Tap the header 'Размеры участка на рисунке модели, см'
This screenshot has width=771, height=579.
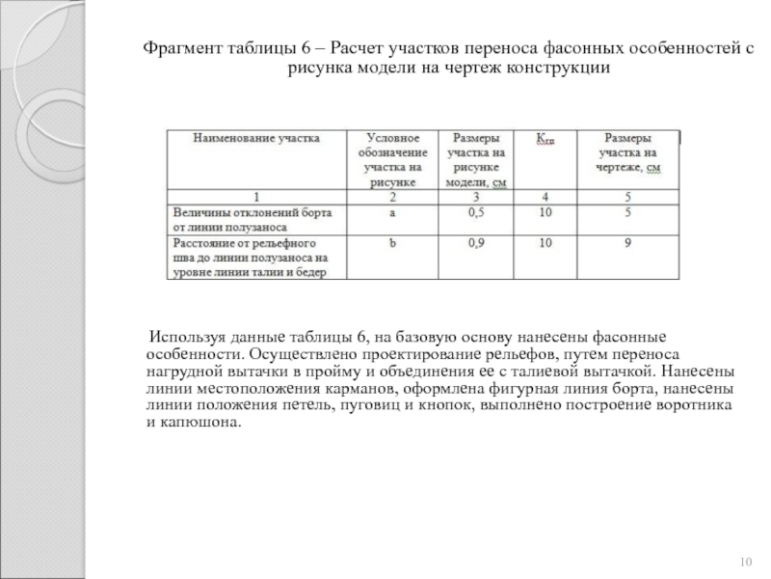(476, 159)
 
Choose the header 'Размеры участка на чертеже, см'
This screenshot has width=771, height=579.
(627, 152)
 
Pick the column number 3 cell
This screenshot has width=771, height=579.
(476, 197)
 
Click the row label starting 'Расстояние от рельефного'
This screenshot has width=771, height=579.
(250, 258)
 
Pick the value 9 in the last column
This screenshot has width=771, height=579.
(627, 244)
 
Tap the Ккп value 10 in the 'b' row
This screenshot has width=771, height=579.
(545, 244)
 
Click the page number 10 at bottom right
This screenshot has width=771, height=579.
(744, 562)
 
